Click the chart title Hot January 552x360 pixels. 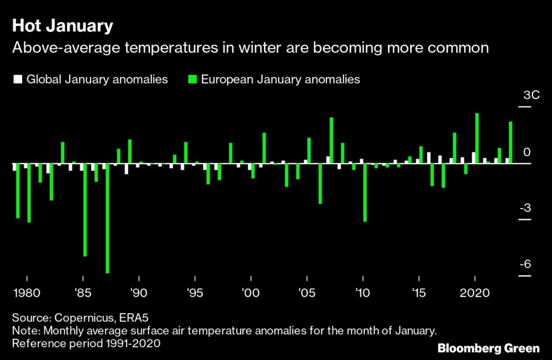pos(63,25)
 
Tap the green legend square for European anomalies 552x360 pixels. pos(192,79)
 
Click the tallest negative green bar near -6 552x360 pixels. pos(107,218)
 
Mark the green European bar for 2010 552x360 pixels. pos(365,192)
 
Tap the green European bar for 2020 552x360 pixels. pos(477,138)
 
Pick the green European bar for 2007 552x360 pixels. pos(332,140)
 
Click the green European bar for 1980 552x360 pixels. pos(29,192)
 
